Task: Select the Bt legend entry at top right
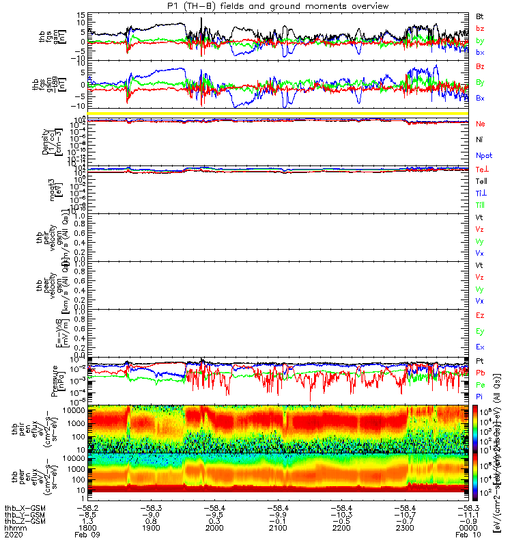(481, 16)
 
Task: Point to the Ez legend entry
(481, 316)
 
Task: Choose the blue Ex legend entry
(481, 347)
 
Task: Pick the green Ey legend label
(481, 332)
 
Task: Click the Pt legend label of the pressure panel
(480, 360)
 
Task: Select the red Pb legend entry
(481, 373)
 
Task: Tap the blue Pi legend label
(480, 396)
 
